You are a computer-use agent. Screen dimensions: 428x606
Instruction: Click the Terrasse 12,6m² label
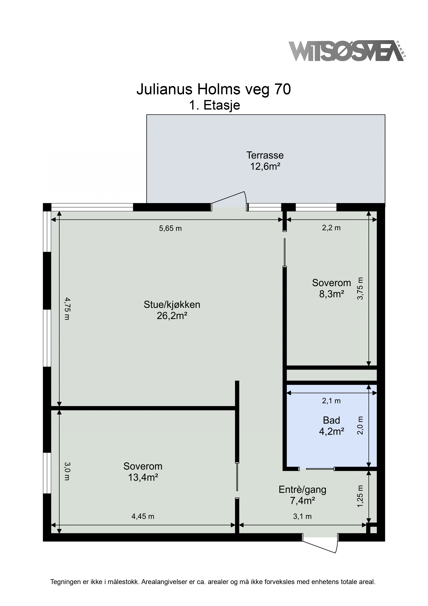(265, 161)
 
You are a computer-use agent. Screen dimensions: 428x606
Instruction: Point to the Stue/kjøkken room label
(172, 310)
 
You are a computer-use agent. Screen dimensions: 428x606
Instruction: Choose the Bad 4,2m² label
(332, 425)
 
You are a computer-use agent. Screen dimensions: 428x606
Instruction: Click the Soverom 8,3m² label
(332, 288)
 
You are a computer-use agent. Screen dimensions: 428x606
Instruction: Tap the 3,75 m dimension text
(360, 288)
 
